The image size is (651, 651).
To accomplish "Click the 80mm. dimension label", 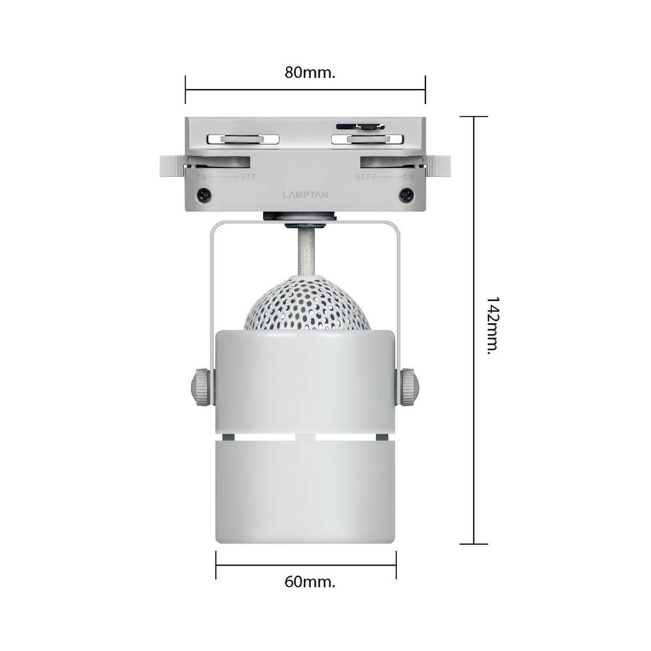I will point(309,72).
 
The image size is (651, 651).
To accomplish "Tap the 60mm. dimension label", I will point(309,581).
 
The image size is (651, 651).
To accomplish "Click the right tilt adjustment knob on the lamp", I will point(409,385).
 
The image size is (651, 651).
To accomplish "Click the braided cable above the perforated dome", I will point(305,254).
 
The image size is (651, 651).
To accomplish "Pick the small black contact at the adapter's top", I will point(359,126).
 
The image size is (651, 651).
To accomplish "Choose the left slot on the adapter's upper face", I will point(242,139).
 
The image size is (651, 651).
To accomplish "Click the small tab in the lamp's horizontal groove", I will point(305,434).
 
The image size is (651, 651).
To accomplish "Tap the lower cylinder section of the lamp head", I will point(305,488).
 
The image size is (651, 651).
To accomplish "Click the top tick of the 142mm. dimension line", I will point(473,117).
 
